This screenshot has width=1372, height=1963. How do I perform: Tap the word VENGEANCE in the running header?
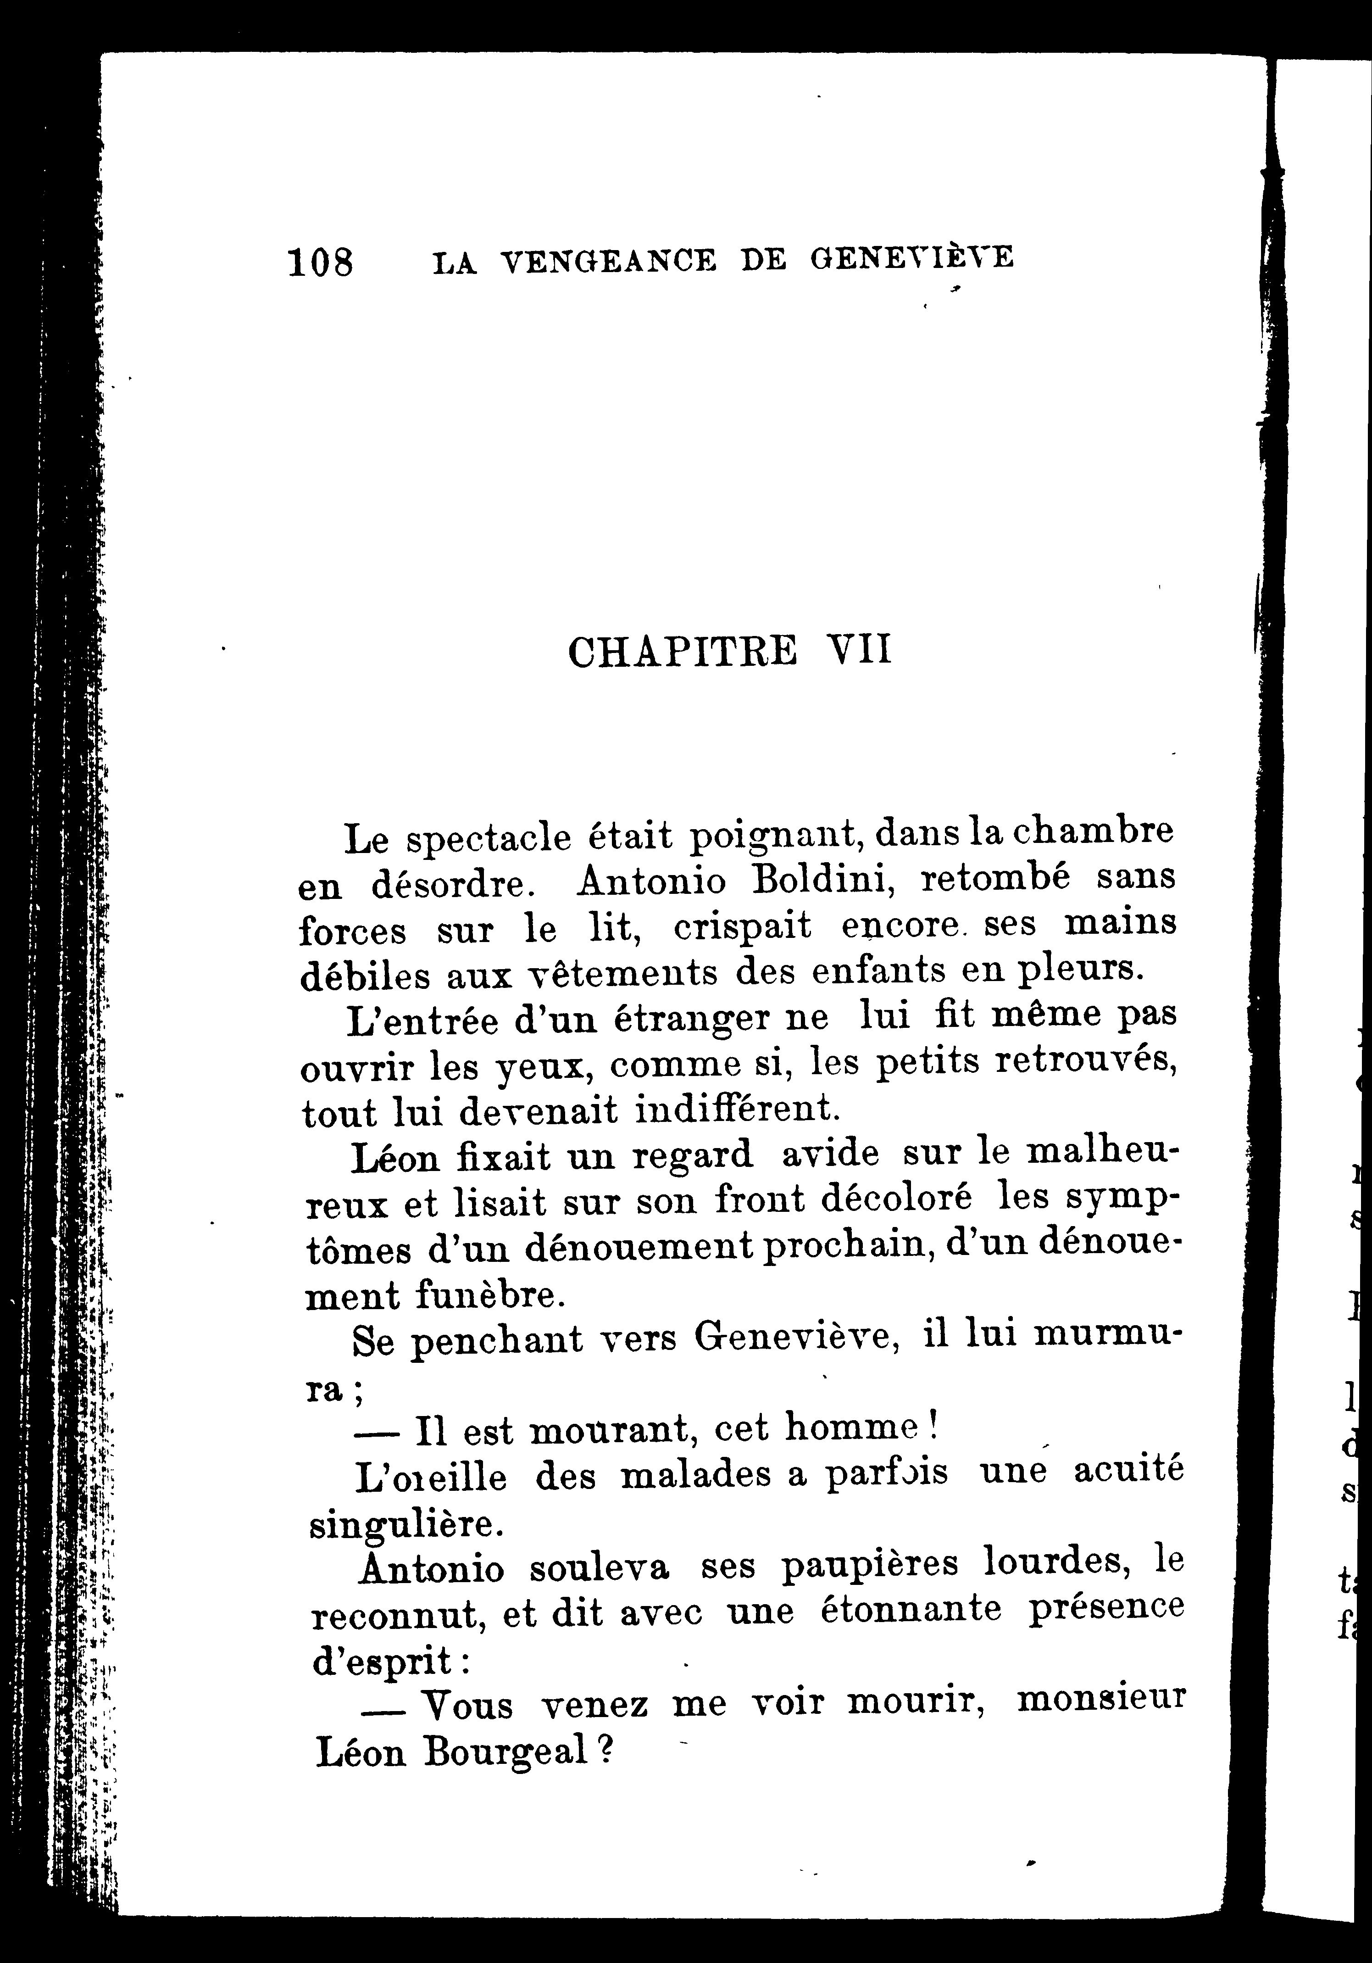(607, 260)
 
